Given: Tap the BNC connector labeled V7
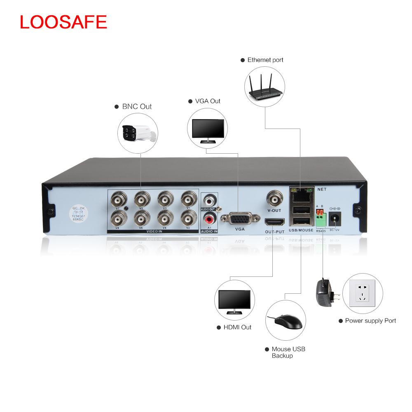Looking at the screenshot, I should (x=118, y=200).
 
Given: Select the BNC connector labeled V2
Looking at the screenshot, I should (x=189, y=217).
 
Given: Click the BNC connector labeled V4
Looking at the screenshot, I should (x=165, y=217).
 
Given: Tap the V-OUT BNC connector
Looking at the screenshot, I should (x=274, y=199).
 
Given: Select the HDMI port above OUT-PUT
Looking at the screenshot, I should (x=274, y=222).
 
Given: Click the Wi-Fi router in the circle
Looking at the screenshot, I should (x=265, y=88).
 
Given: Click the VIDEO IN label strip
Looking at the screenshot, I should (x=153, y=232).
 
